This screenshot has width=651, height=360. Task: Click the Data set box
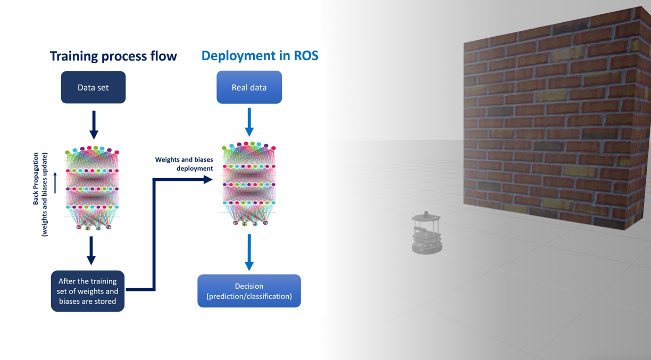tap(93, 87)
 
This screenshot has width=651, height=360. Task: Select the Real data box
tap(249, 87)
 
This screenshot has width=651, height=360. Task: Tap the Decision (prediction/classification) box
tap(249, 291)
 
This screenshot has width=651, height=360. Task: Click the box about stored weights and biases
tap(88, 291)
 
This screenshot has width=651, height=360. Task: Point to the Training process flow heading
tap(113, 56)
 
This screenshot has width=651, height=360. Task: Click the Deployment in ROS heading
tap(260, 56)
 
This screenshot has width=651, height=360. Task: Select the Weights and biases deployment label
tap(184, 164)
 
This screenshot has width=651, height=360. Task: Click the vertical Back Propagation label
tap(40, 194)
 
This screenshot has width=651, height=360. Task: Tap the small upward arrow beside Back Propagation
tap(55, 182)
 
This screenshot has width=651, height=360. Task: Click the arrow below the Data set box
tap(94, 124)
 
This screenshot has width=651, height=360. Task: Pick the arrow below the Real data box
tap(249, 122)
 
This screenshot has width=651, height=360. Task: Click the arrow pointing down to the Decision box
tap(249, 252)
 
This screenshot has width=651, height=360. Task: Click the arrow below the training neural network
tap(91, 250)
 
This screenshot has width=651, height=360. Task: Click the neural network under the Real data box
tap(249, 183)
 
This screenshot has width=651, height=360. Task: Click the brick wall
tap(556, 122)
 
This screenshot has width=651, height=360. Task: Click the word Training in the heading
tap(73, 56)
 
